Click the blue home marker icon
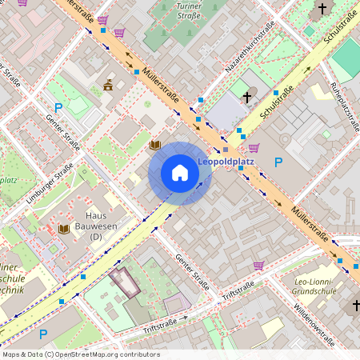(x=180, y=173)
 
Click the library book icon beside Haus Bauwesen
(x=63, y=229)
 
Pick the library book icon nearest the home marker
(x=155, y=145)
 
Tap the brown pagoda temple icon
(x=108, y=86)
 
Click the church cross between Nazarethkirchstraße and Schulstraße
(x=247, y=98)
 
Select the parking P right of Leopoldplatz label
(x=278, y=162)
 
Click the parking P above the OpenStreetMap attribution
(x=43, y=334)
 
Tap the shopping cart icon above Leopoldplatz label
(x=254, y=147)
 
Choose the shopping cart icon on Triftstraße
(x=258, y=266)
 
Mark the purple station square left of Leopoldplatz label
(x=226, y=150)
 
